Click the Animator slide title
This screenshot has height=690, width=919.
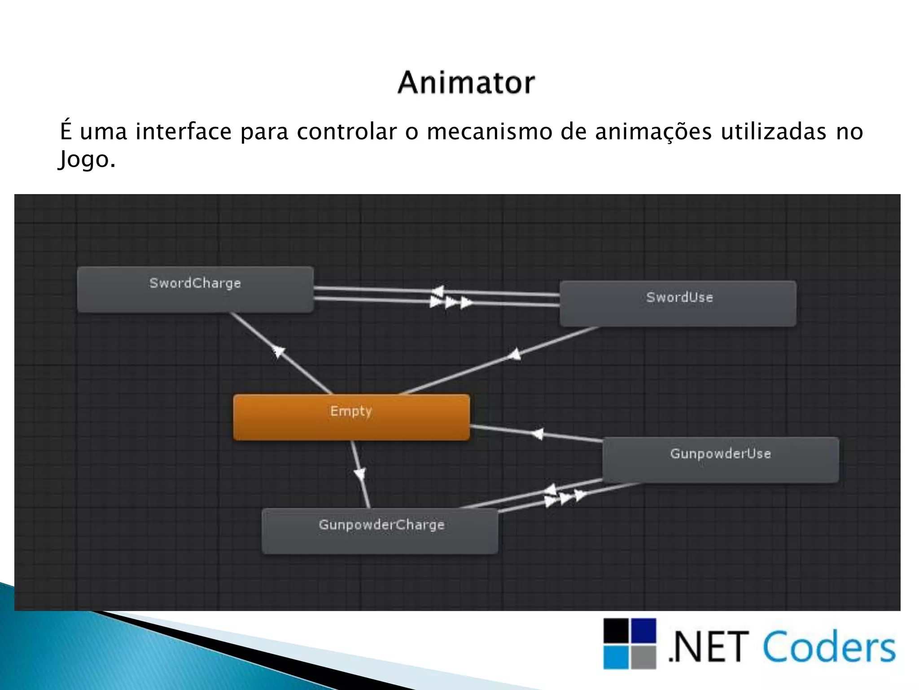pos(466,83)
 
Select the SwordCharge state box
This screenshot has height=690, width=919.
pos(195,289)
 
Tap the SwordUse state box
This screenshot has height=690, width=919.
pos(678,303)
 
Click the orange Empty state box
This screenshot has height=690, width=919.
pos(351,417)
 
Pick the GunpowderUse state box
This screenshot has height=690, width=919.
pos(720,460)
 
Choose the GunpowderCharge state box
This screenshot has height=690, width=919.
pos(380,531)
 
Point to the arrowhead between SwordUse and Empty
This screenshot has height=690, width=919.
pos(514,355)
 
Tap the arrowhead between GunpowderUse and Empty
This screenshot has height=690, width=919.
pos(537,434)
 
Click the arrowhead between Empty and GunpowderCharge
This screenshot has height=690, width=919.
pos(360,473)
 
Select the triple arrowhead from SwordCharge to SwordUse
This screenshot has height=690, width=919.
pos(451,302)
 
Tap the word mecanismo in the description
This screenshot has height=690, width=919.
pos(489,132)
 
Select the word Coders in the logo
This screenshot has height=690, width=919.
pos(828,647)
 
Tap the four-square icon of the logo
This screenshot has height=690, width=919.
pos(630,643)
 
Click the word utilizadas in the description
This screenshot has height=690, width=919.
pos(773,132)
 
